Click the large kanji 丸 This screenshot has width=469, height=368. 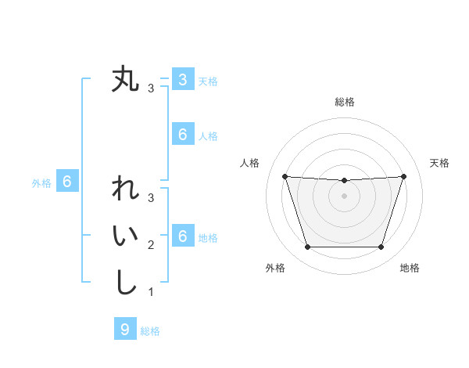[x=125, y=80]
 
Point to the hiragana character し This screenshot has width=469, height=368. [x=125, y=282]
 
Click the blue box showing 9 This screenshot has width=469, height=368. [x=125, y=330]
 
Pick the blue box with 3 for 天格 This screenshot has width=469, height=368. [x=182, y=80]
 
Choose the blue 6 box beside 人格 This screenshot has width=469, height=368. [x=182, y=135]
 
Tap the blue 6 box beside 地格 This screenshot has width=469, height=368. [x=182, y=236]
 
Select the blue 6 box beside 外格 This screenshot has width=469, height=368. [x=67, y=182]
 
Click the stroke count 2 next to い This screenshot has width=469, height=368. [x=151, y=245]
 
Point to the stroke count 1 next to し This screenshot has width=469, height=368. [x=151, y=292]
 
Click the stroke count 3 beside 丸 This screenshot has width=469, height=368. [x=151, y=88]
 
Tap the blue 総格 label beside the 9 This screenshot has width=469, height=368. [x=150, y=331]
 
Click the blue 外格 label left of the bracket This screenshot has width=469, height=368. [x=41, y=183]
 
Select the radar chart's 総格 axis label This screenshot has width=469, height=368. [x=345, y=102]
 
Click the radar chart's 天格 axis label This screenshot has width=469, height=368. [x=440, y=163]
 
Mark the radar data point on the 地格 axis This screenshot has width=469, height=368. [x=381, y=247]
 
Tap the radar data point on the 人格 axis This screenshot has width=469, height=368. [x=285, y=176]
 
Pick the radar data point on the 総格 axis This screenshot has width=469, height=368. [x=344, y=181]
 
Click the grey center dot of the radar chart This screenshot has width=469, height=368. [x=344, y=196]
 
